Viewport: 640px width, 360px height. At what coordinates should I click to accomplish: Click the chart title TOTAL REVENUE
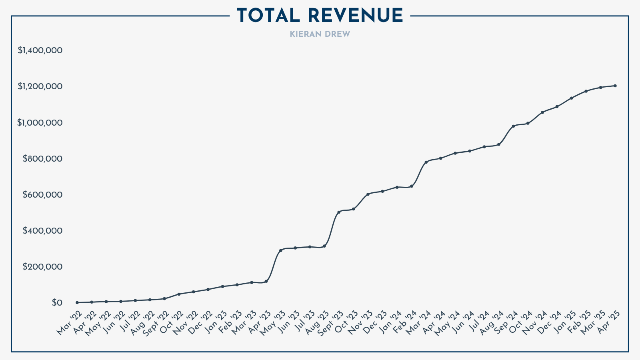coord(320,16)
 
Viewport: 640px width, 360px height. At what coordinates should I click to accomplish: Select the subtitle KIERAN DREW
coord(320,34)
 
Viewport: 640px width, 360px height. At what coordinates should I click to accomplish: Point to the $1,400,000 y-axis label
coord(40,50)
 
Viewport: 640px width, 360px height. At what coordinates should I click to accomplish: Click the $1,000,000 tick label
coord(40,123)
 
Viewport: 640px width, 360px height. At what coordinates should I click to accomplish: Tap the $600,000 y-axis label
coord(42,195)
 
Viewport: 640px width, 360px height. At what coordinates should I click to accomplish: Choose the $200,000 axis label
coord(42,267)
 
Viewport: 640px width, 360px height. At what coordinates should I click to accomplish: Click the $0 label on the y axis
coord(57,303)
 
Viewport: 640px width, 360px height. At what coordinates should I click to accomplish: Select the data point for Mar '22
coord(77,302)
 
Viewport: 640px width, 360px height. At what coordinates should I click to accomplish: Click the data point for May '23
coord(280,250)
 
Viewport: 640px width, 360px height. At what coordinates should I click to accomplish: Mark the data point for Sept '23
coord(339,212)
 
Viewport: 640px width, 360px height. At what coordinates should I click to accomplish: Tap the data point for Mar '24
coord(426,162)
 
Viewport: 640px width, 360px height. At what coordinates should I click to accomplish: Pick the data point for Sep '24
coord(513,126)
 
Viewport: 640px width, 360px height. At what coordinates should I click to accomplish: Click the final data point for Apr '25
coord(615,86)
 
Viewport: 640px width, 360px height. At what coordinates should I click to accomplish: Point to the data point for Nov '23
coord(368,194)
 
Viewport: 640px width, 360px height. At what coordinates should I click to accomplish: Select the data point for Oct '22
coord(179,294)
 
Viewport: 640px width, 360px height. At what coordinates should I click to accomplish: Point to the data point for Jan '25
coord(571,98)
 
